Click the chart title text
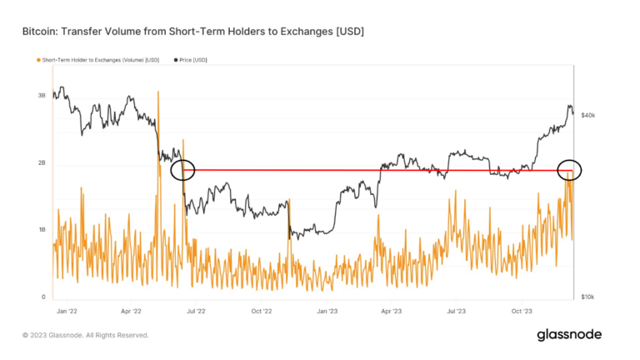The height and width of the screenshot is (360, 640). [x=192, y=32]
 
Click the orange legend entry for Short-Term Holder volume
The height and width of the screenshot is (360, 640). [x=98, y=60]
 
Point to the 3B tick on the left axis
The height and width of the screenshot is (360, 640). [x=42, y=96]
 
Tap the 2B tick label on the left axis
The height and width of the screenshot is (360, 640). [x=42, y=163]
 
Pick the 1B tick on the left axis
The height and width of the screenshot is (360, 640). [x=42, y=230]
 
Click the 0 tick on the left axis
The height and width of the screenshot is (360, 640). [x=43, y=297]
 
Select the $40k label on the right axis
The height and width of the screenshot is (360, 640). [x=588, y=115]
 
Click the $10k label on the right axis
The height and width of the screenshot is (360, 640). [x=588, y=297]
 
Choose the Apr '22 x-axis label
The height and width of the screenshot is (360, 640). [x=131, y=311]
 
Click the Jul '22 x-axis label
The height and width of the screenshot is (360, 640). [x=195, y=311]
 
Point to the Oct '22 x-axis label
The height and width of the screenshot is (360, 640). [x=261, y=311]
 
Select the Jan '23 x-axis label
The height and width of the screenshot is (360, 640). [x=326, y=311]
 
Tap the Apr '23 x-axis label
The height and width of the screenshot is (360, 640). [x=392, y=311]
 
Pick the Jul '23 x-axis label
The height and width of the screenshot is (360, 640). [x=456, y=311]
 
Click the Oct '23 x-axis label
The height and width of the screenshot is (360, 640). [x=522, y=311]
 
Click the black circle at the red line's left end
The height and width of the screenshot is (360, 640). [x=182, y=170]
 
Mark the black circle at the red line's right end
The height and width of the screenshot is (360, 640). [x=568, y=170]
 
